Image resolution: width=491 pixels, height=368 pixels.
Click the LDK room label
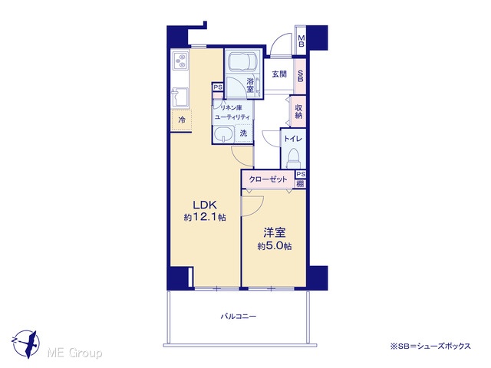(205, 205)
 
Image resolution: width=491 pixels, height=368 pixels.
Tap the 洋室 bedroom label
(275, 232)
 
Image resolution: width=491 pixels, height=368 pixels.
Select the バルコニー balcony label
(239, 317)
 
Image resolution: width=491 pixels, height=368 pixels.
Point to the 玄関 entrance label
(279, 74)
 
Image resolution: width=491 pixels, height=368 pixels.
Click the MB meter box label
(302, 41)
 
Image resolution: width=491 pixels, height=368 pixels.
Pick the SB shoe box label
(300, 75)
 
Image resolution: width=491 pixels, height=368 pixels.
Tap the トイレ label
(293, 139)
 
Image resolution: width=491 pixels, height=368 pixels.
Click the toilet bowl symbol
(293, 159)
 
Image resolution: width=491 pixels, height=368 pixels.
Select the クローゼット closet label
(268, 179)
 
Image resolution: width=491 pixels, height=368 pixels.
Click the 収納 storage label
(298, 112)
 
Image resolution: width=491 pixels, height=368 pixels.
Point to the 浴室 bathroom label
(250, 85)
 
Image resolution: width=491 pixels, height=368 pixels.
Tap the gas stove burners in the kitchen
(181, 61)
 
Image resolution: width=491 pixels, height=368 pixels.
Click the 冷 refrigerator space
(181, 120)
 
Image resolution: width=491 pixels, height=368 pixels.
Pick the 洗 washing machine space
(244, 133)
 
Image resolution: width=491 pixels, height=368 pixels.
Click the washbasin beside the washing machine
(223, 134)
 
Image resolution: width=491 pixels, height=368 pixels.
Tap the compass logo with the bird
(25, 343)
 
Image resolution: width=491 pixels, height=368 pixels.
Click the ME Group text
(74, 353)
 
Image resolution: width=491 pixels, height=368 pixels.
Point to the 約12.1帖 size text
(205, 217)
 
